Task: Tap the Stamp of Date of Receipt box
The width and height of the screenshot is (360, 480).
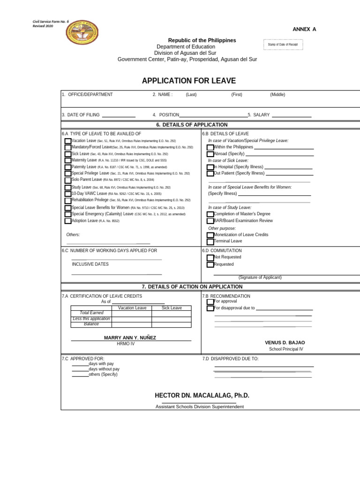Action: coord(283,45)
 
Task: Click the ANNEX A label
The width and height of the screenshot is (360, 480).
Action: coord(304,29)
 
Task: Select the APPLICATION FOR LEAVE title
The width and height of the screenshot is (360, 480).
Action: coord(189,81)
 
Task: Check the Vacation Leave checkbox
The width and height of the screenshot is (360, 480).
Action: coord(68,141)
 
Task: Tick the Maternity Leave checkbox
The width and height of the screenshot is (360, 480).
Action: coord(68,161)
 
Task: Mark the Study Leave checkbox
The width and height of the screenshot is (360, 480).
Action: coord(68,187)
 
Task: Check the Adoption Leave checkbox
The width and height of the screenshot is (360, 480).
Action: coord(68,221)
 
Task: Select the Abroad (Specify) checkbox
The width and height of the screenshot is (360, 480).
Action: coord(210,154)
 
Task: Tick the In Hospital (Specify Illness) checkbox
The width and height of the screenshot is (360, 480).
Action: coord(210,167)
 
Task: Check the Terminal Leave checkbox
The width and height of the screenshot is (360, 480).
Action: coord(210,241)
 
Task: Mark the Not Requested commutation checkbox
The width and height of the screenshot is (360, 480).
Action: coord(210,257)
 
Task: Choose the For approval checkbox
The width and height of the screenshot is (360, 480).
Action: coord(210,302)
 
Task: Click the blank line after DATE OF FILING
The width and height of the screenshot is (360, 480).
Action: coord(119,115)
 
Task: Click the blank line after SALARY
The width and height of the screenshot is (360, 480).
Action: coord(291,115)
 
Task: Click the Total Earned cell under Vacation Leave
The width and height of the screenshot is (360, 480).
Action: coord(132,314)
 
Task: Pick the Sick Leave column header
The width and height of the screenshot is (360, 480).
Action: coord(172,308)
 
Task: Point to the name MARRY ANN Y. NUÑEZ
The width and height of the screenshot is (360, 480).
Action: coord(130,337)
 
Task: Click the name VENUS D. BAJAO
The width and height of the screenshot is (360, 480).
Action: coord(285,343)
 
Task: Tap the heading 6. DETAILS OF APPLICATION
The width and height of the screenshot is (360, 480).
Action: coord(192,125)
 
